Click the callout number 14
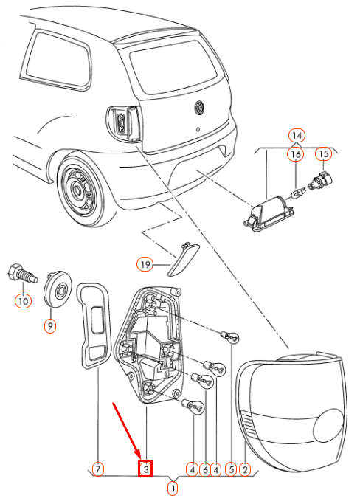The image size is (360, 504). pos(297,135)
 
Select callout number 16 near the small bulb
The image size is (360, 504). pos(295,154)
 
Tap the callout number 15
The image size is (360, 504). pos(323,154)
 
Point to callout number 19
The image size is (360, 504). pos(145,264)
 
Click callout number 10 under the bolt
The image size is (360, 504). pos(23,301)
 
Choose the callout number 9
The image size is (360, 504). pos(50,326)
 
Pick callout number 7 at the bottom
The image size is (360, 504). pos(98,469)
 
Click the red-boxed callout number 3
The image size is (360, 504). pos(145,469)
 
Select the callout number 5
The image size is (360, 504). pos(231,469)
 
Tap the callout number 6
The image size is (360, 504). pos(205,470)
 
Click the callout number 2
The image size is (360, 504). pos(245,469)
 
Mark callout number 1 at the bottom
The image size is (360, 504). pos(173,489)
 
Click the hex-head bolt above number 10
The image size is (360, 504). pos(22,275)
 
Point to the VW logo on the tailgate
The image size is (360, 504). pos(199,107)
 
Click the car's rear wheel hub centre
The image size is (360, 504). pos(77,190)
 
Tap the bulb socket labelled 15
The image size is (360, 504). pos(321,182)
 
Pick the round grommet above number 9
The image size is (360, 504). pos(58,289)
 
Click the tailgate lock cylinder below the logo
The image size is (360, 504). pos(198,130)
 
